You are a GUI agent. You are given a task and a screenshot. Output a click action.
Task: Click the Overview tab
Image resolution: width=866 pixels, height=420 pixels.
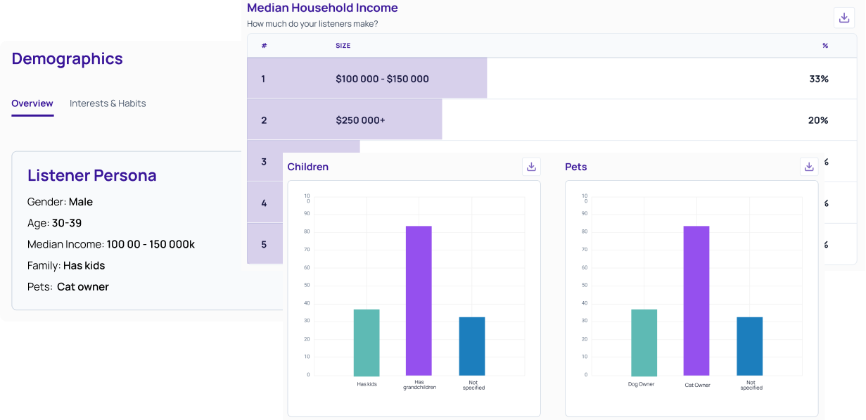pos(32,103)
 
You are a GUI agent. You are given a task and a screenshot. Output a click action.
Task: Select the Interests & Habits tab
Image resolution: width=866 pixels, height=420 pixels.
pos(108,103)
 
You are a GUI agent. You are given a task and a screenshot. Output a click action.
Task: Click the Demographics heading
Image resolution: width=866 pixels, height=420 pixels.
pos(67,59)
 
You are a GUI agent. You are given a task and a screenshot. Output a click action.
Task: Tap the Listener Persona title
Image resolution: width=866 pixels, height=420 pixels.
pos(91,175)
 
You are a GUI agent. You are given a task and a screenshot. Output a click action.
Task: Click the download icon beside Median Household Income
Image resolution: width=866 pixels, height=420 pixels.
pos(843,18)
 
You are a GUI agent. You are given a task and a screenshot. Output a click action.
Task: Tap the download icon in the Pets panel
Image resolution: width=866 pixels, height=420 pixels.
pos(809,167)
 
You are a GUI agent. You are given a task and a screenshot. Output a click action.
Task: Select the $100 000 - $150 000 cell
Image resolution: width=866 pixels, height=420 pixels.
pos(382,79)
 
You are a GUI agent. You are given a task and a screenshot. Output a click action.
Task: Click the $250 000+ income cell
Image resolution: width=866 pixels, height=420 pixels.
pos(360,120)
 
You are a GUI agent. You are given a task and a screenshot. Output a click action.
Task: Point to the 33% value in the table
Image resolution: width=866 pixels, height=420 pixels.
pos(818,79)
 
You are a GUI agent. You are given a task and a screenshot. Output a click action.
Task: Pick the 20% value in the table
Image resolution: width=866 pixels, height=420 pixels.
pos(817,120)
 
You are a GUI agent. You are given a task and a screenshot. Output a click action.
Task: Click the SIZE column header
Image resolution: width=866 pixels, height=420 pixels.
pos(343,46)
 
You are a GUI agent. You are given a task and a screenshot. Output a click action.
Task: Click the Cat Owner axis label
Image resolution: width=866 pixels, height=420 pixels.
pos(697,386)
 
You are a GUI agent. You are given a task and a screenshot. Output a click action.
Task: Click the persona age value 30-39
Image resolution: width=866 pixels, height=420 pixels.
pos(67,223)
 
